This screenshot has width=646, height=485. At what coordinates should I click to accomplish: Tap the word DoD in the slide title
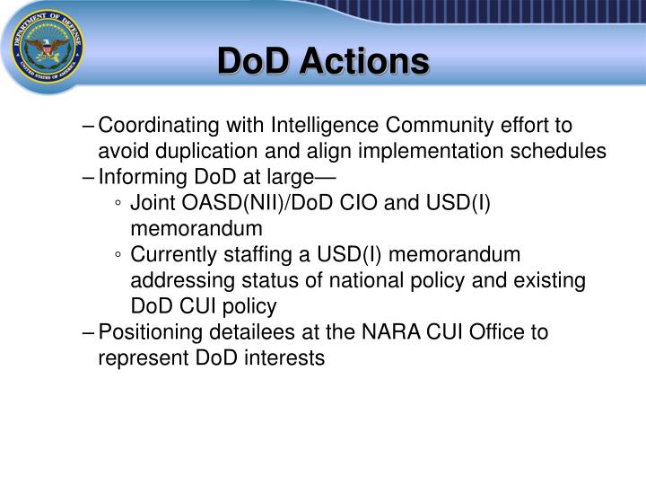tap(256, 61)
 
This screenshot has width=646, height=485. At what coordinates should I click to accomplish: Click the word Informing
tap(138, 176)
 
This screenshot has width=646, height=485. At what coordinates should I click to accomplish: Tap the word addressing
tap(176, 280)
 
